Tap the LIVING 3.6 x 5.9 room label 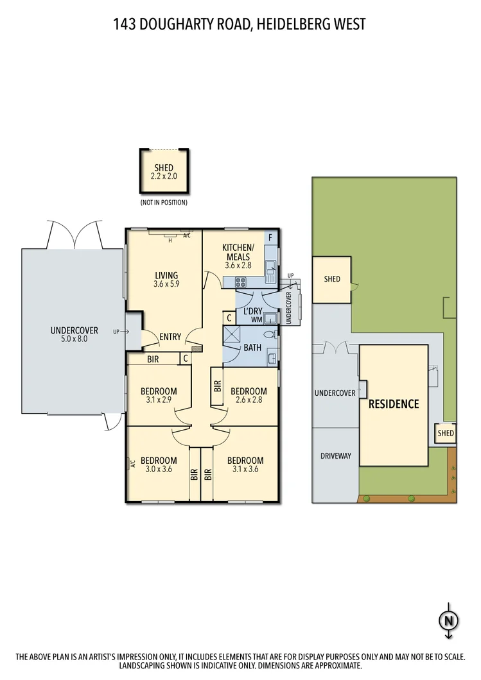[x=166, y=279]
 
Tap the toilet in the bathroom [x=268, y=334]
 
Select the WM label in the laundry [x=256, y=319]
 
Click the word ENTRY [x=170, y=337]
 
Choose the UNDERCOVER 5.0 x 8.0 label [x=74, y=334]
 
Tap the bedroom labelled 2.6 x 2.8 [x=249, y=395]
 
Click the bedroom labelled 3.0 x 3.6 [x=159, y=464]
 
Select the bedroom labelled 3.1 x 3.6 [x=245, y=464]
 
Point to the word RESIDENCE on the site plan [x=393, y=404]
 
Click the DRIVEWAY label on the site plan [x=335, y=456]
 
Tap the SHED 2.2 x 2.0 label [x=164, y=172]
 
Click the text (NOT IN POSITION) [x=164, y=203]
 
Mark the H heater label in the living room [x=170, y=240]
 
